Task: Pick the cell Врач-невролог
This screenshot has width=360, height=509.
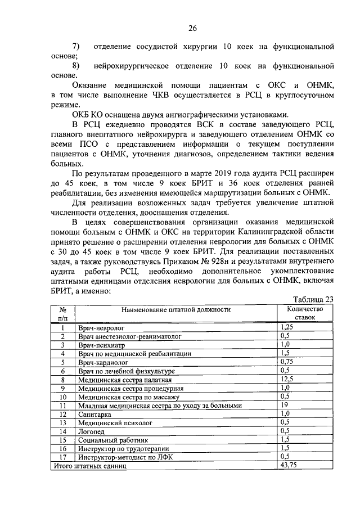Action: pyautogui.click(x=101, y=327)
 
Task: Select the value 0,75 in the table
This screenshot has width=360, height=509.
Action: pyautogui.click(x=288, y=362)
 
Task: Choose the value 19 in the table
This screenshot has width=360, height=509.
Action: pyautogui.click(x=285, y=404)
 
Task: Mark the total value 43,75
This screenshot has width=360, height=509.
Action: pyautogui.click(x=289, y=466)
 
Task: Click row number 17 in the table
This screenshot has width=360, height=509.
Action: pyautogui.click(x=63, y=457)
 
